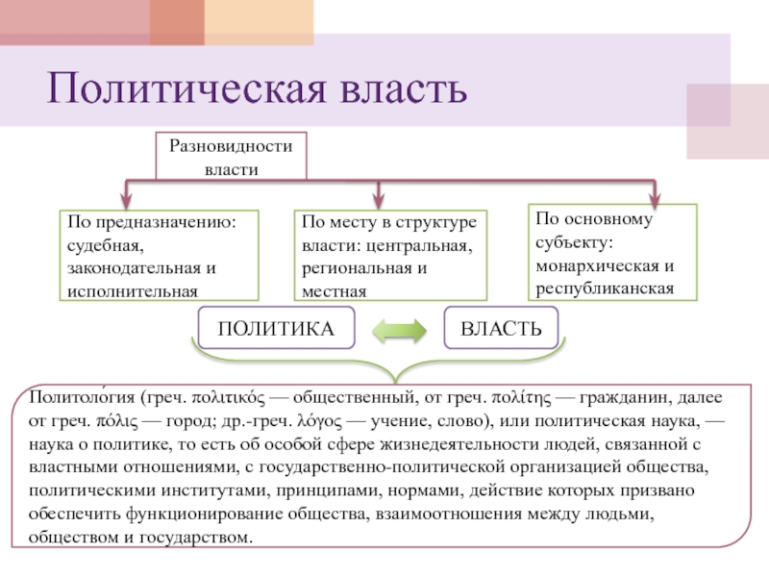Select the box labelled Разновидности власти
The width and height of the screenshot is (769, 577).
231,156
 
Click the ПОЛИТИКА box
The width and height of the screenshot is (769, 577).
276,330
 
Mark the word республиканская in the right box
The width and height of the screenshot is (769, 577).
605,287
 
